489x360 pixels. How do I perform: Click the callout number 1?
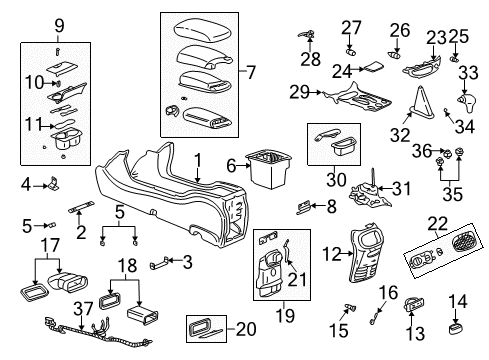pos(197,159)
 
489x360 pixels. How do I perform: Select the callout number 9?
pos(59,25)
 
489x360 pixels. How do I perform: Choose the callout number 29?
pos(296,92)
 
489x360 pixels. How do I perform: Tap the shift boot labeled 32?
pos(420,102)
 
